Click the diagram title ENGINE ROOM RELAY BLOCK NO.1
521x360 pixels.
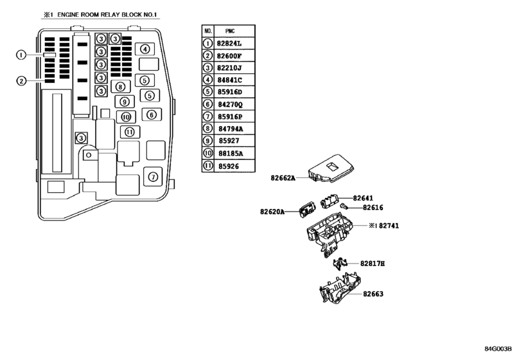point(107,15)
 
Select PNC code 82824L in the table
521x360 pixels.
point(229,44)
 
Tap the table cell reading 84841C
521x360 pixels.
point(229,80)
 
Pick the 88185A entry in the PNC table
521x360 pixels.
point(231,153)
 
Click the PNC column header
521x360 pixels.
point(230,32)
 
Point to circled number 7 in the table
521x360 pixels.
point(208,116)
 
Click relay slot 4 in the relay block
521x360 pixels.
point(145,50)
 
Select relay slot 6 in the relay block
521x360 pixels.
point(152,114)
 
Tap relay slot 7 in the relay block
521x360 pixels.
point(153,177)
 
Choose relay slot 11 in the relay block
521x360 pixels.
point(130,132)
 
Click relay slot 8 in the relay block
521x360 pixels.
point(120,87)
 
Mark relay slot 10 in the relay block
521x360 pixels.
point(126,117)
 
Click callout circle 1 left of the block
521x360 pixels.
point(21,55)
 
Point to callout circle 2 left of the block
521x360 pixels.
point(21,81)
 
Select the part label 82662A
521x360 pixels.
point(283,178)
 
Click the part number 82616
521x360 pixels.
point(373,208)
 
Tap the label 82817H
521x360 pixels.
point(373,264)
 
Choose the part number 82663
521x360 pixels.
point(373,294)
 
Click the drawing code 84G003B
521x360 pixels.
point(498,348)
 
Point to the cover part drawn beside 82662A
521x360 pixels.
point(331,168)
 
